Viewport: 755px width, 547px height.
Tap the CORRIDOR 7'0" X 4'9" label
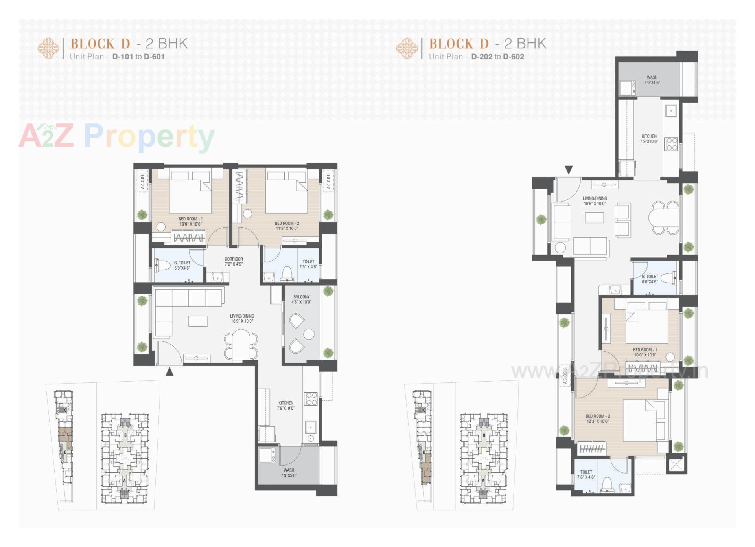(x=234, y=262)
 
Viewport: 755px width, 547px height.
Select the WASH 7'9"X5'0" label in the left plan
(x=289, y=473)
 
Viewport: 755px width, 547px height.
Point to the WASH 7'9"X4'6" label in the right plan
(x=652, y=80)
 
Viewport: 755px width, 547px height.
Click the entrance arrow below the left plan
(x=169, y=371)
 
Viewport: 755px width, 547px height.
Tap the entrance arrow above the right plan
(x=569, y=170)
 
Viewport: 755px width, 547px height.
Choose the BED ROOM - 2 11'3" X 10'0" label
(x=287, y=226)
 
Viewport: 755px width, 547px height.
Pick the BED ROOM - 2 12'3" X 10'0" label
(x=597, y=419)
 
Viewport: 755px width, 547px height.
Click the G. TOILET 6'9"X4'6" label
(x=182, y=265)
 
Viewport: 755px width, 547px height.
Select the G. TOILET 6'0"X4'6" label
(x=650, y=279)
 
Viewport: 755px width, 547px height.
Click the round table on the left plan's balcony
(x=309, y=334)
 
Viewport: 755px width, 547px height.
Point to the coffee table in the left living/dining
(x=198, y=321)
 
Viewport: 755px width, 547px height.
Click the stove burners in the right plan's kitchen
(x=671, y=144)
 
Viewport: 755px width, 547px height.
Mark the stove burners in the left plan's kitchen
(x=311, y=399)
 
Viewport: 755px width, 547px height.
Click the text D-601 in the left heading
(x=154, y=57)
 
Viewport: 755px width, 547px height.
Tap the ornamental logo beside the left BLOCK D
(x=48, y=48)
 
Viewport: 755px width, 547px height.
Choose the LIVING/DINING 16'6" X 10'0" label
(x=595, y=201)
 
